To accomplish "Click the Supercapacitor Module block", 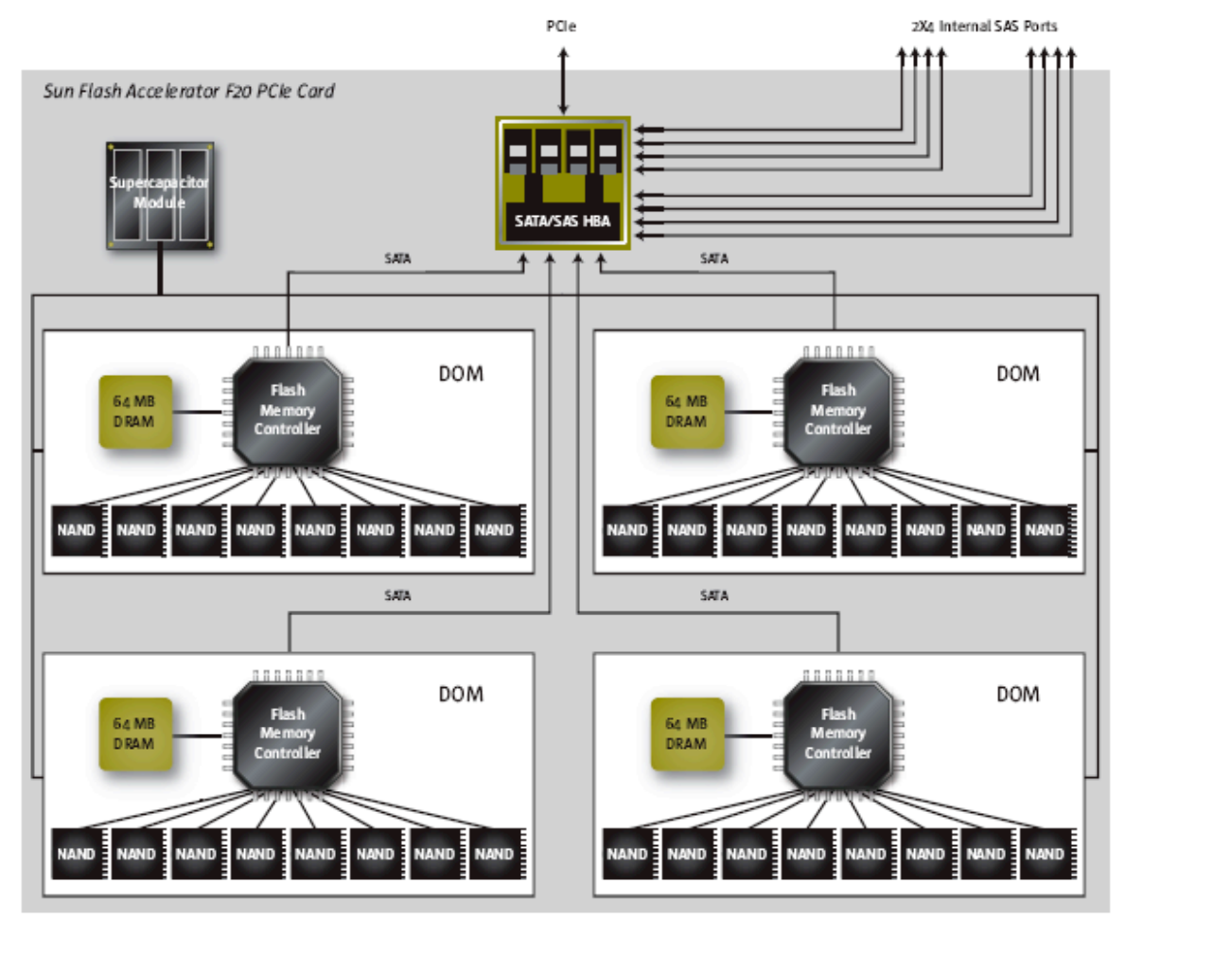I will click(x=160, y=195).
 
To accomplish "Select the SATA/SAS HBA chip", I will click(x=563, y=184).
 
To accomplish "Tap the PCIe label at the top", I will click(x=561, y=26).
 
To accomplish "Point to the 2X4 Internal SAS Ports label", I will click(x=984, y=26).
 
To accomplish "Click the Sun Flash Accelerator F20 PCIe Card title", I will click(x=188, y=91).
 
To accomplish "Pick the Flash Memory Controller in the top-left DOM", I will click(x=288, y=411).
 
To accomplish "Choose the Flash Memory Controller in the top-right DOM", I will click(x=838, y=411).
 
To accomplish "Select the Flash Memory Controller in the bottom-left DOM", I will click(x=288, y=734).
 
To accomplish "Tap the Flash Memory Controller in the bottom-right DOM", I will click(x=838, y=734).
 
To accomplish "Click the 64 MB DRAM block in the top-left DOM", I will click(x=134, y=412).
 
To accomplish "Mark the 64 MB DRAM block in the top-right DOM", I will click(x=687, y=412).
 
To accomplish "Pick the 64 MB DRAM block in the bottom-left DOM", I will click(x=134, y=734).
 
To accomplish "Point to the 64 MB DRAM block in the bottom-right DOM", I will click(x=687, y=734).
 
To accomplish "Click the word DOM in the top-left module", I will click(x=461, y=374).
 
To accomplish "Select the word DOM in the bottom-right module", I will click(x=1018, y=695).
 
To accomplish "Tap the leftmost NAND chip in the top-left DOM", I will click(x=76, y=530).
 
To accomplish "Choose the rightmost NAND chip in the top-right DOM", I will click(x=1045, y=530).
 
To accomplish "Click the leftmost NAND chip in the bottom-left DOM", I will click(x=76, y=854).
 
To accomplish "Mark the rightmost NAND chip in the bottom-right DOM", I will click(x=1045, y=854).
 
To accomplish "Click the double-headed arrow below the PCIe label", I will click(x=563, y=81).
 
